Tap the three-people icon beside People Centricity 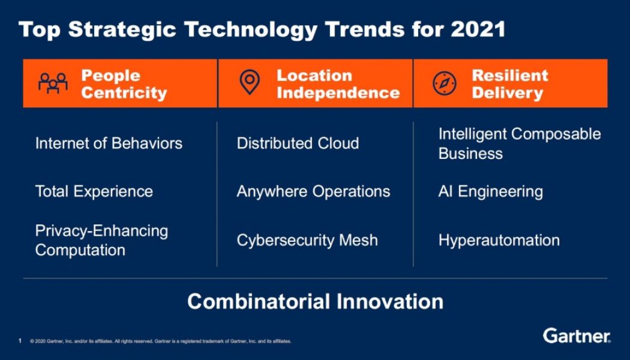click(53, 84)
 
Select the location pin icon click(250, 83)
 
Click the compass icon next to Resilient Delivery click(445, 83)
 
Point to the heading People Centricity click(124, 84)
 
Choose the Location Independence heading click(338, 84)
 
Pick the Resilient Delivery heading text click(510, 84)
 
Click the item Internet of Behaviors click(109, 143)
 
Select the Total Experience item click(94, 191)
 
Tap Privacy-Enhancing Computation click(101, 240)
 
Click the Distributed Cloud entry click(298, 143)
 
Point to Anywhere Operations click(313, 191)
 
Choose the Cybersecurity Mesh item click(307, 240)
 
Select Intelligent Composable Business click(519, 143)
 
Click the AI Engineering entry click(490, 191)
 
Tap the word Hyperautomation click(499, 240)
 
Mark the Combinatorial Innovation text click(315, 301)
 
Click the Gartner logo click(577, 335)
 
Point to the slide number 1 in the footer click(20, 341)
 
